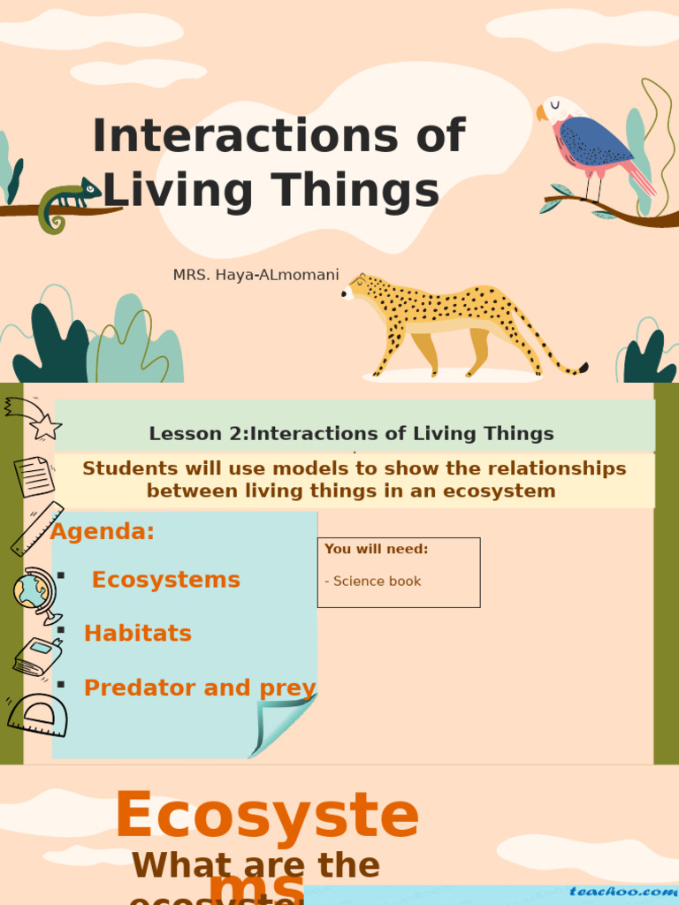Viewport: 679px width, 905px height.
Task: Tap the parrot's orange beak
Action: [541, 113]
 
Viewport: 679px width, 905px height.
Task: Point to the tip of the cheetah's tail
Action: [583, 367]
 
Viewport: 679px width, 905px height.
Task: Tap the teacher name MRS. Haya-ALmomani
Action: [256, 275]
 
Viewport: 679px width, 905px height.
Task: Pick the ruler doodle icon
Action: [37, 529]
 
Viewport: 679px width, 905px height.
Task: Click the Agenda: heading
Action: [103, 531]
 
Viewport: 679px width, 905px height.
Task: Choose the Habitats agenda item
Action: [138, 633]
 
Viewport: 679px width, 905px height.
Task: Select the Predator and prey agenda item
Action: [200, 688]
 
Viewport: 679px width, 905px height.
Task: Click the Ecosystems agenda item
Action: [166, 580]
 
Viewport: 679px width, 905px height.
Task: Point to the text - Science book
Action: [372, 581]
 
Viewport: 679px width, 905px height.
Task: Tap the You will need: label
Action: [376, 549]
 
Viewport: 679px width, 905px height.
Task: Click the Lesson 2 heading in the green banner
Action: [352, 433]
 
